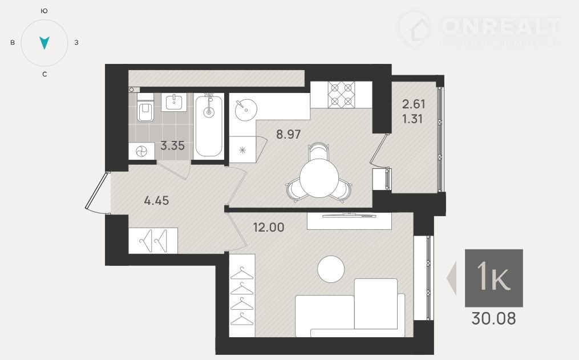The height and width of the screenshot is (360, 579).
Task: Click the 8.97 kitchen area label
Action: pos(289,134)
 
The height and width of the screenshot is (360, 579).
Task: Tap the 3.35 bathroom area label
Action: pos(172,145)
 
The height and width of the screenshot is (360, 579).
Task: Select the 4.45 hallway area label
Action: pos(156,200)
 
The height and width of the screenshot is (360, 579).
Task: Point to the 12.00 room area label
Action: pos(269,227)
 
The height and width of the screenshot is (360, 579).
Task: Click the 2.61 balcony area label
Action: pos(414,104)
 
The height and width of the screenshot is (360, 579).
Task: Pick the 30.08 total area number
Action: pos(493,318)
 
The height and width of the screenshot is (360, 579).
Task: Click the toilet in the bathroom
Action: pos(145,107)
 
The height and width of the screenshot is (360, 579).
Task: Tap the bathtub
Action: pos(209,126)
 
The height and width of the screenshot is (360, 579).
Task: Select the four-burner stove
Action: pos(341,95)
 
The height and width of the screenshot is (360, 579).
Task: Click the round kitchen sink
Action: pos(245,110)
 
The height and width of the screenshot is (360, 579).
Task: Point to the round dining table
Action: pos(319,179)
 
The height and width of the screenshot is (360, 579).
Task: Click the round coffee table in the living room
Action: pos(331,269)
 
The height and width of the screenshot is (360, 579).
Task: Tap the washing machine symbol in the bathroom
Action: pos(141,151)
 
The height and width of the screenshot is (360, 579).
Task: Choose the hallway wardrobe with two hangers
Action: pos(153,240)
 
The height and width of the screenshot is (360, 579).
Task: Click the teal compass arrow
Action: pos(44,43)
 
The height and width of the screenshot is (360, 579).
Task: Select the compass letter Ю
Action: pos(44,11)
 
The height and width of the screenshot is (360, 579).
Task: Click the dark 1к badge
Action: pos(493,278)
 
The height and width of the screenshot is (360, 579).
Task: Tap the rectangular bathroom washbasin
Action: pos(173,102)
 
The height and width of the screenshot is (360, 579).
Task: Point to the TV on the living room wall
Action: pos(349,215)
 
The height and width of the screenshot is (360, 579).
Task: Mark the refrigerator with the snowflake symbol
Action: pos(242,150)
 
